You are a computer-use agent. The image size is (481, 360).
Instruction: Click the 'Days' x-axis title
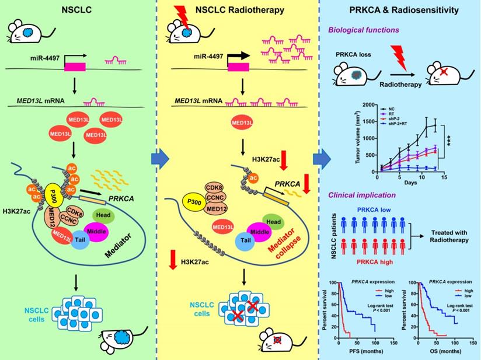[x=404, y=183]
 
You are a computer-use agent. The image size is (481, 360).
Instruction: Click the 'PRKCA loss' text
[x=349, y=54]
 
